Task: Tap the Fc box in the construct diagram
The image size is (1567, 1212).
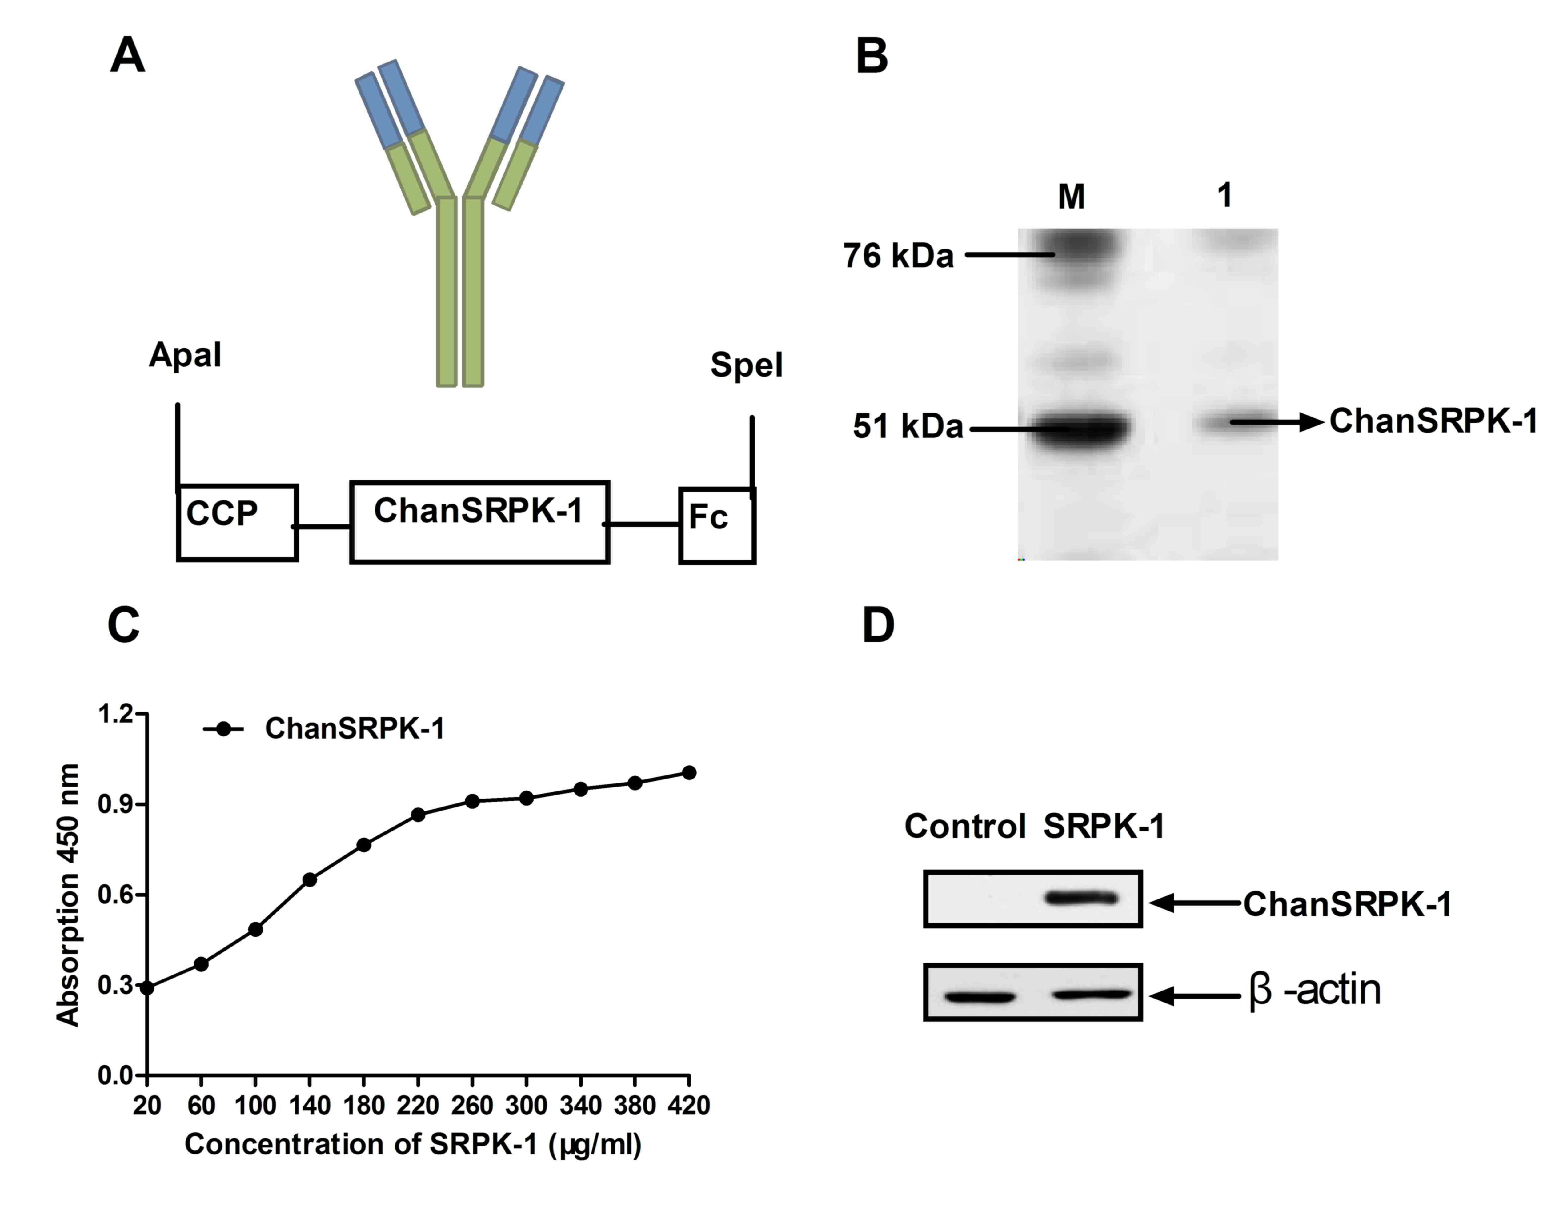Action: pos(717,525)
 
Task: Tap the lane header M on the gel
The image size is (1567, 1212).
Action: pos(1071,196)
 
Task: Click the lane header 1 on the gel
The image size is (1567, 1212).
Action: pos(1225,194)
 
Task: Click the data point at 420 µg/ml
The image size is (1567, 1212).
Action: pos(689,772)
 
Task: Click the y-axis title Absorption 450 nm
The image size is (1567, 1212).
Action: pos(68,895)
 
